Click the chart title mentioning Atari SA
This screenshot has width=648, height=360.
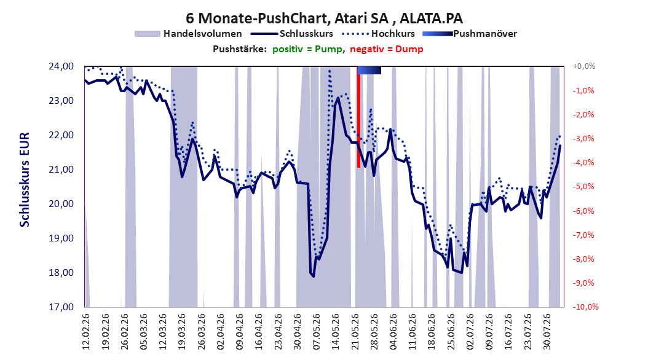tap(324, 18)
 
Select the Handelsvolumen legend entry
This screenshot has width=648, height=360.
tap(189, 34)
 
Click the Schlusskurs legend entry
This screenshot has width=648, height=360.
tap(292, 34)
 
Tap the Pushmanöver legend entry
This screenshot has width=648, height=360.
tap(470, 34)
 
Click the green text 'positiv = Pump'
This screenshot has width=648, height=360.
tap(307, 49)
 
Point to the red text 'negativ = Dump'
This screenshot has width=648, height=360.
tap(387, 49)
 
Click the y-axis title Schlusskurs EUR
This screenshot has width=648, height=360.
tap(25, 179)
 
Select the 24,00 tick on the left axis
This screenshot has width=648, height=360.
tap(61, 66)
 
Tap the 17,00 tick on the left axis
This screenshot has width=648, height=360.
tap(61, 307)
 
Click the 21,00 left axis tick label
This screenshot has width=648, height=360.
tap(61, 170)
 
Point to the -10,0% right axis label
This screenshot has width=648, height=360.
tap(585, 307)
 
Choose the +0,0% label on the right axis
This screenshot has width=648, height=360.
tap(584, 66)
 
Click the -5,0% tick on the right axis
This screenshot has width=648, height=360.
tap(583, 187)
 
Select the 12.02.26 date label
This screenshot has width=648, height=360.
tap(86, 332)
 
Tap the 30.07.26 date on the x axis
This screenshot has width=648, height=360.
tap(547, 332)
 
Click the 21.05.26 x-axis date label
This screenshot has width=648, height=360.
tap(355, 332)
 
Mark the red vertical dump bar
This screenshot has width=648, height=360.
tap(358, 117)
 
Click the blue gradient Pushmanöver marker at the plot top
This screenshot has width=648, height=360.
tap(369, 71)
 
